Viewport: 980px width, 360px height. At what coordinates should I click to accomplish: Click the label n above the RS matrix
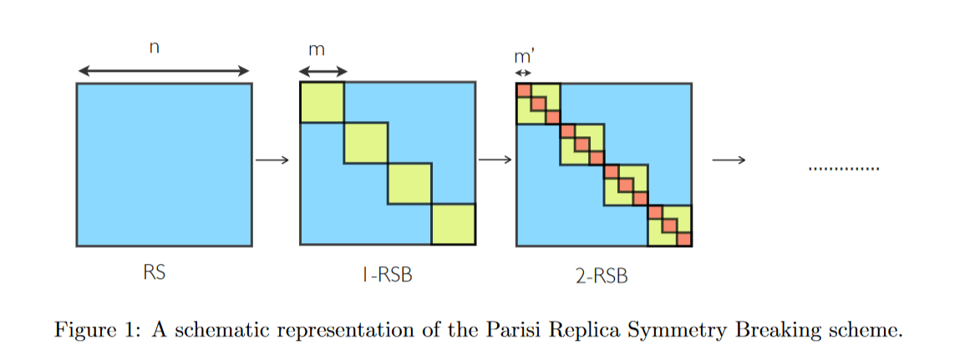click(x=153, y=48)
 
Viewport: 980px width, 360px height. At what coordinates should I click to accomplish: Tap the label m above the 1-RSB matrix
click(x=317, y=50)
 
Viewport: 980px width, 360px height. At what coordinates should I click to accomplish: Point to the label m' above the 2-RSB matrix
click(x=524, y=57)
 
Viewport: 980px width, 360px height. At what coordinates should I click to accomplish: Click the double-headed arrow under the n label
click(x=163, y=70)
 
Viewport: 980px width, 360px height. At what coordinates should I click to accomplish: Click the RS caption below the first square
click(x=154, y=272)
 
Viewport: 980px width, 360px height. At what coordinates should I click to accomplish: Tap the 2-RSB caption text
click(x=602, y=275)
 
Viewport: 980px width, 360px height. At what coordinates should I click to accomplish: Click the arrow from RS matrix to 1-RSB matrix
click(x=272, y=160)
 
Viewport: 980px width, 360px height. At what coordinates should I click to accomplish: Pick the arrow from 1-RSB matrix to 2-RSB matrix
click(x=495, y=160)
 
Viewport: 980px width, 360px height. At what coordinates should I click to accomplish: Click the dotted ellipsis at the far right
click(x=844, y=170)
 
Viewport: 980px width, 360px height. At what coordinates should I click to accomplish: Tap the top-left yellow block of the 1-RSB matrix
click(x=322, y=102)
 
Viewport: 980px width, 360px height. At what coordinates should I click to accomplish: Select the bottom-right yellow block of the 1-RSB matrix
click(x=454, y=225)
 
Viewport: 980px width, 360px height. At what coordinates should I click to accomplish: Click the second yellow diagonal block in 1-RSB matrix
click(x=366, y=143)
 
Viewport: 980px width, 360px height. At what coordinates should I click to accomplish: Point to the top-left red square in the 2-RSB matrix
click(x=524, y=90)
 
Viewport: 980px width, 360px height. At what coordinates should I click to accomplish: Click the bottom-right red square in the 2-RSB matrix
click(x=684, y=240)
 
